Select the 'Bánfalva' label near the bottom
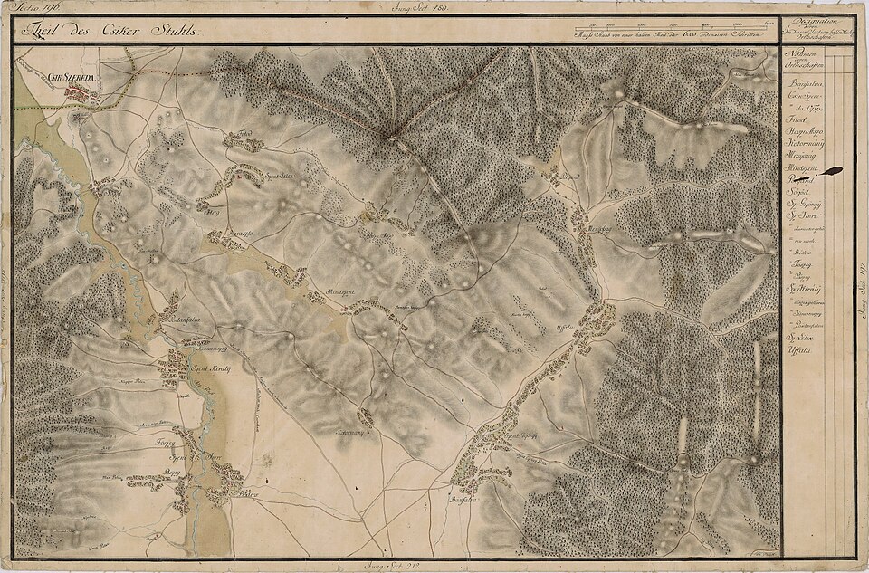point(461,496)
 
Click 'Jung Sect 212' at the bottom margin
point(384,566)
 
